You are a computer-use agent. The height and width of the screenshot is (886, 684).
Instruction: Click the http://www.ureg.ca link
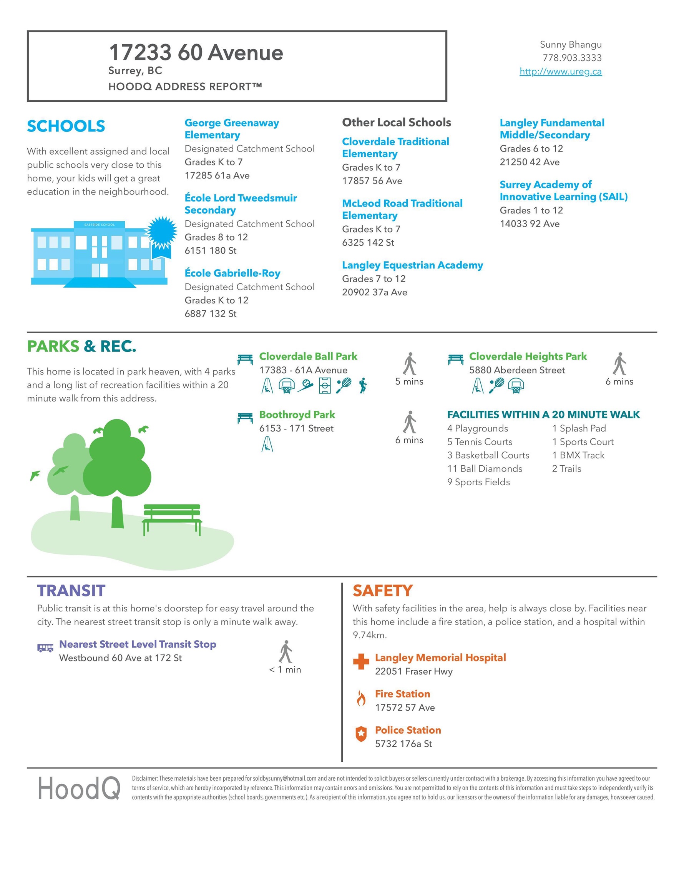click(x=560, y=72)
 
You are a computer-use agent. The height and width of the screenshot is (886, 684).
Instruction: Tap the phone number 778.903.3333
click(x=572, y=58)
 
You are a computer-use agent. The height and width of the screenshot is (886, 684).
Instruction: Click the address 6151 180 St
click(x=211, y=251)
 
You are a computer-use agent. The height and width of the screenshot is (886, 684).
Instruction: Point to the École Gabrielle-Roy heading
click(x=232, y=273)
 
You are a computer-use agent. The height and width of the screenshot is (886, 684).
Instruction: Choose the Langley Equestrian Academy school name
click(x=412, y=265)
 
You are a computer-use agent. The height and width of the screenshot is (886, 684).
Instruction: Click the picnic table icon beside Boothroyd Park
click(x=245, y=418)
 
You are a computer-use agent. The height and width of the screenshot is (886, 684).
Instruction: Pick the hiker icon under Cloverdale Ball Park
click(x=363, y=385)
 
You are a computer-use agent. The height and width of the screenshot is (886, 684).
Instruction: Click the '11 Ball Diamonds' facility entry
click(x=485, y=468)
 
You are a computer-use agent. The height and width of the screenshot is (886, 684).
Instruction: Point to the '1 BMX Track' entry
click(x=578, y=455)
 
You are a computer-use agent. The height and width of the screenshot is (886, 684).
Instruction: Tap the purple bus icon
click(x=45, y=648)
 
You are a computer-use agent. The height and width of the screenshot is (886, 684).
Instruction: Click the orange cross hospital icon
click(x=361, y=662)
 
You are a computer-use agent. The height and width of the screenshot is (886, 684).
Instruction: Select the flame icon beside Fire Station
click(x=361, y=699)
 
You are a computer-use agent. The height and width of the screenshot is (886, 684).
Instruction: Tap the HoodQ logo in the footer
click(x=79, y=788)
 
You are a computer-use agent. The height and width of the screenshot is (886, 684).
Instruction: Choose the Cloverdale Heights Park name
click(x=528, y=356)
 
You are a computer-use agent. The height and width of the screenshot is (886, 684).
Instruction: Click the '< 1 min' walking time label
click(x=285, y=670)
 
